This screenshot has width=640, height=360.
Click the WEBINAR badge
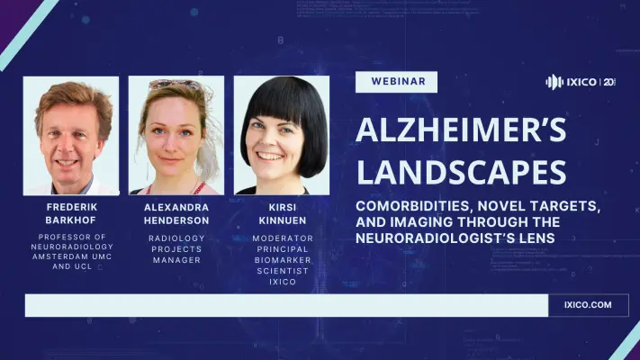click(397, 82)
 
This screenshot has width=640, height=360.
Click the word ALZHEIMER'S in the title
click(461, 131)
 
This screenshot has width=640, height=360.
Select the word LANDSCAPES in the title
click(461, 171)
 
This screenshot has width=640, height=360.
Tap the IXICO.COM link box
click(590, 305)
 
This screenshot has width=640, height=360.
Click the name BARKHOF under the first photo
click(70, 220)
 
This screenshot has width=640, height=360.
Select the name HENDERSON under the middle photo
click(176, 220)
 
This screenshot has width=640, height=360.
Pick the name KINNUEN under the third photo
click(282, 220)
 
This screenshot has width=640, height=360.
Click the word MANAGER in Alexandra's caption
click(176, 259)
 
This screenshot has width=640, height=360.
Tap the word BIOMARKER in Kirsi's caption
click(282, 259)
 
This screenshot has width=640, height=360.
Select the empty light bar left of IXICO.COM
click(286, 305)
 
